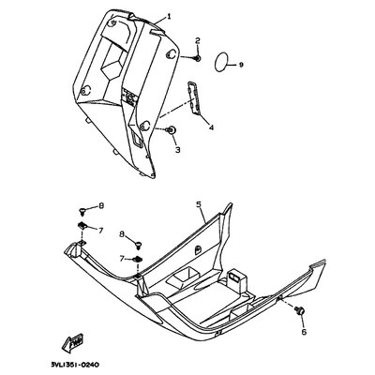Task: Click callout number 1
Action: (x=169, y=16)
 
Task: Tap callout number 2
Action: (x=198, y=40)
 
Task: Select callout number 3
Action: (x=177, y=150)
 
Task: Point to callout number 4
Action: (x=211, y=127)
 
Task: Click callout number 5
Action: (x=198, y=204)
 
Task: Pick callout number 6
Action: (x=304, y=332)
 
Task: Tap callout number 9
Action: (x=241, y=65)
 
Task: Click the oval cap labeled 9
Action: (x=221, y=62)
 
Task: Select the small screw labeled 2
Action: (x=198, y=58)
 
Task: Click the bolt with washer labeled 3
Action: (x=172, y=130)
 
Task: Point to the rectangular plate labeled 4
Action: (x=193, y=97)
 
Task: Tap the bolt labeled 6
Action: (x=297, y=310)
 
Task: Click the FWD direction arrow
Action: (x=73, y=344)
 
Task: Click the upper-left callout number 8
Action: (x=101, y=206)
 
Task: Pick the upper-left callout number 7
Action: (x=100, y=231)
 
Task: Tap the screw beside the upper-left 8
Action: (x=82, y=211)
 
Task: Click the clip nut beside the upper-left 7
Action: (x=82, y=224)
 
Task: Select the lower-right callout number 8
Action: (x=123, y=234)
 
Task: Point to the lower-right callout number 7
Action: (x=123, y=258)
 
